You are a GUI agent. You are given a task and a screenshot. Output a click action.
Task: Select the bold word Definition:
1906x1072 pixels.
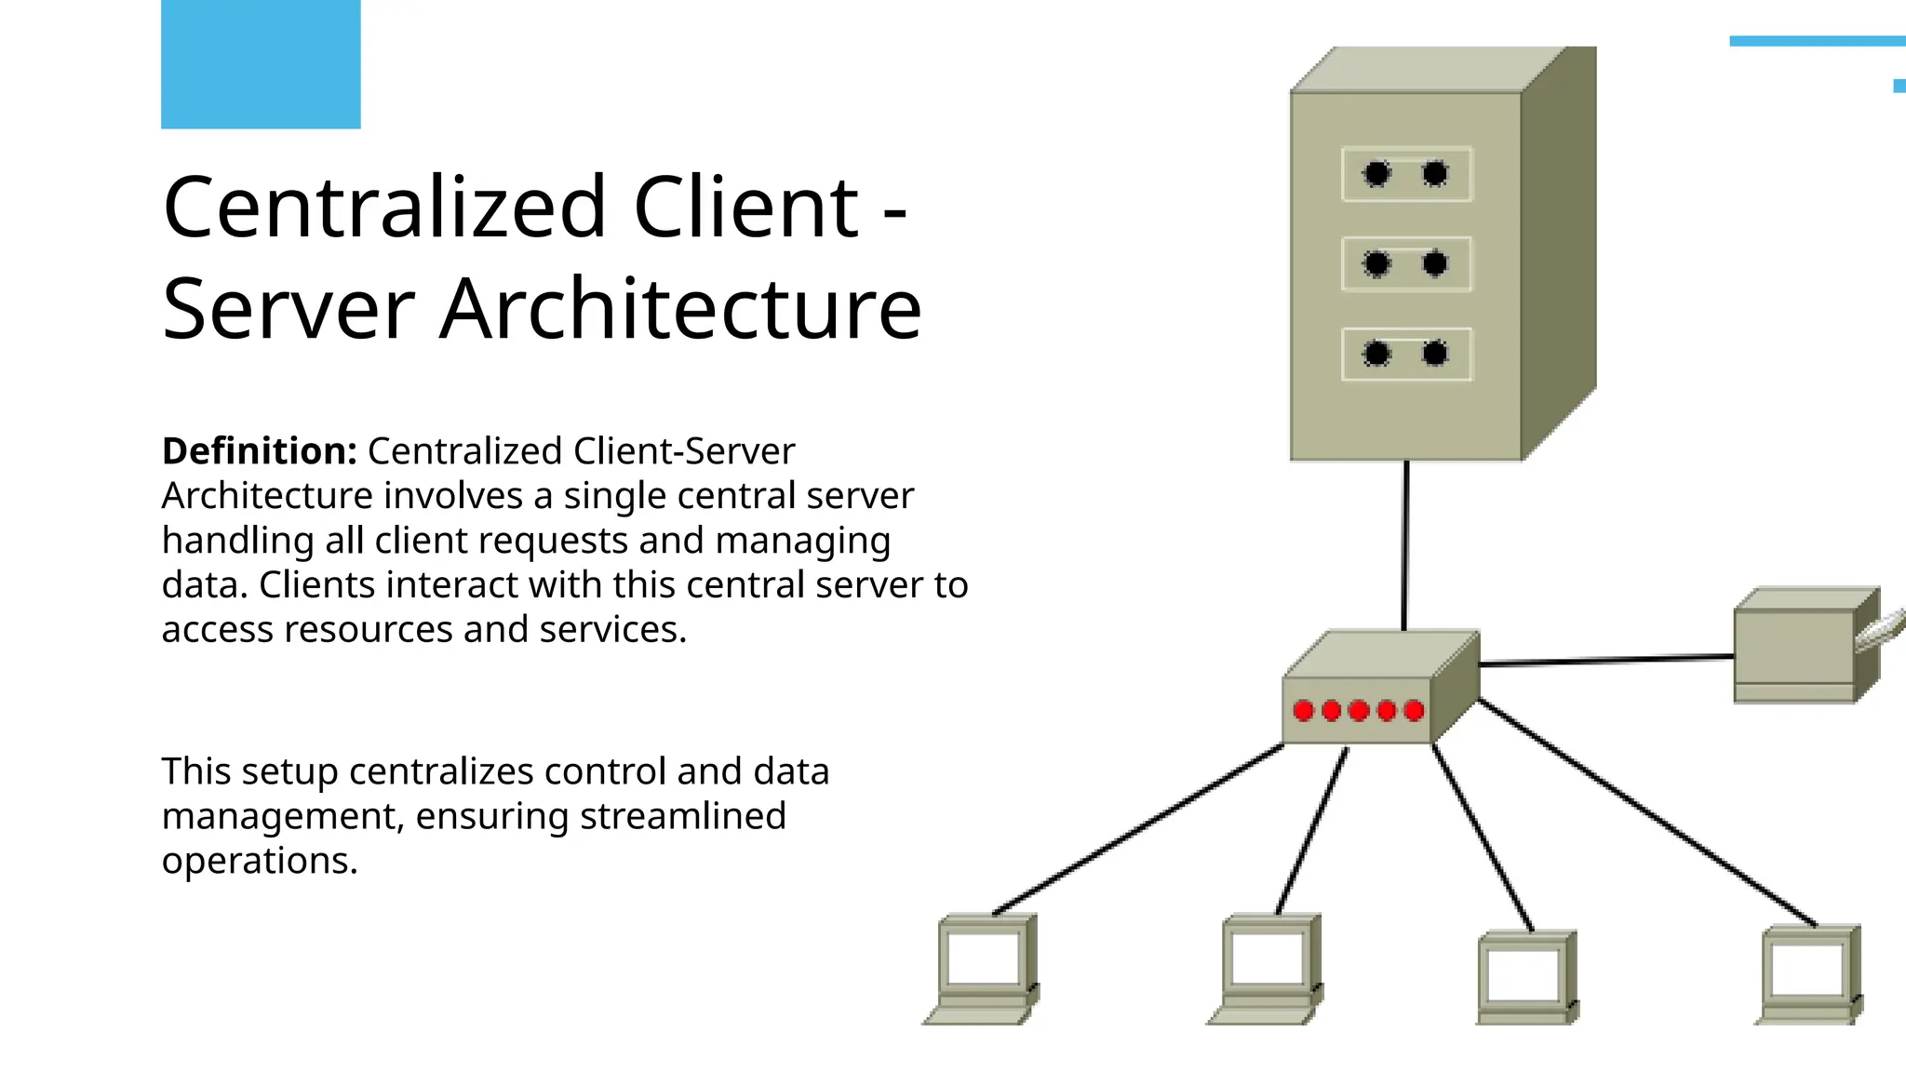(260, 451)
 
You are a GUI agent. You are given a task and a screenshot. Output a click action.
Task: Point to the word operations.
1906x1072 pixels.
(260, 861)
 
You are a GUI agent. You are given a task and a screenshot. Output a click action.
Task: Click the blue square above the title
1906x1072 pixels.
(261, 64)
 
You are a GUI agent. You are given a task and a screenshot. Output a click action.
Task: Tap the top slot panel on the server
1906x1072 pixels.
(1406, 174)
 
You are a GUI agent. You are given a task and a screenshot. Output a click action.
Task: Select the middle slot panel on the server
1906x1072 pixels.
(1406, 264)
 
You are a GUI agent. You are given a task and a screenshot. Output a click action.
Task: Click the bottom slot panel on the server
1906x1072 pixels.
(1406, 355)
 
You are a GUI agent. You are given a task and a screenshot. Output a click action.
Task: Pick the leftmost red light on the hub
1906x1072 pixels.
(1304, 711)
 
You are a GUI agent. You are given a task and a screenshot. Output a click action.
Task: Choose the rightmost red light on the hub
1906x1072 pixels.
(1415, 711)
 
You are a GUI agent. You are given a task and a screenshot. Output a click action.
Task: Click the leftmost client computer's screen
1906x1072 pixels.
(983, 958)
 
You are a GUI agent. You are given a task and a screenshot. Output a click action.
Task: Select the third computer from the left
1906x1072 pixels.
(1525, 977)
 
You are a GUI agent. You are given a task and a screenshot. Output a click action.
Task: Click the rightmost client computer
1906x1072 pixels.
(1808, 973)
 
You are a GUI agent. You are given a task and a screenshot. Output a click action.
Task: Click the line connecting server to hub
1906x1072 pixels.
(1405, 544)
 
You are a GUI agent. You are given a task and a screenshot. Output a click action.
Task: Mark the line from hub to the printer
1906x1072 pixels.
(1605, 660)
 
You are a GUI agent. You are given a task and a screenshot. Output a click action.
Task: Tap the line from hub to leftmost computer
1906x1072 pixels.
(1140, 828)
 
